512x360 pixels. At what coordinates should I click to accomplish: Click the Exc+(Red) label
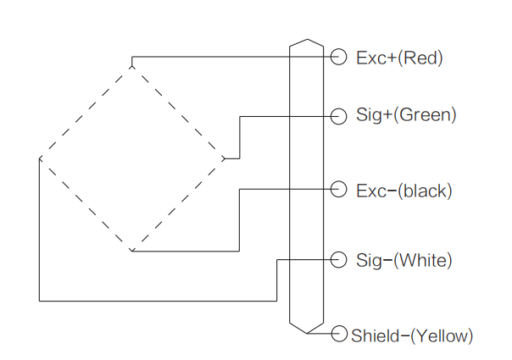399,58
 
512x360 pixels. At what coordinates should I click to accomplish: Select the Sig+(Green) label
406,115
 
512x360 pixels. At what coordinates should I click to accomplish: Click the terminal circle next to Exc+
339,57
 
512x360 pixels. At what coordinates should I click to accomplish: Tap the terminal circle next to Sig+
339,115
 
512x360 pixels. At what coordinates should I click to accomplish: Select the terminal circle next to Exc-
339,190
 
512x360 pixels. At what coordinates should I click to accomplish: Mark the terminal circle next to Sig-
339,259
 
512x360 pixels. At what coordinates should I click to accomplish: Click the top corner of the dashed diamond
132,63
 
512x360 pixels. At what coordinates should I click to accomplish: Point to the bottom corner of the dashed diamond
132,252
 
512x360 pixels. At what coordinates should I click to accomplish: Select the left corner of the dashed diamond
40,158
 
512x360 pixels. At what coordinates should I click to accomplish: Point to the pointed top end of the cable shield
306,39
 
